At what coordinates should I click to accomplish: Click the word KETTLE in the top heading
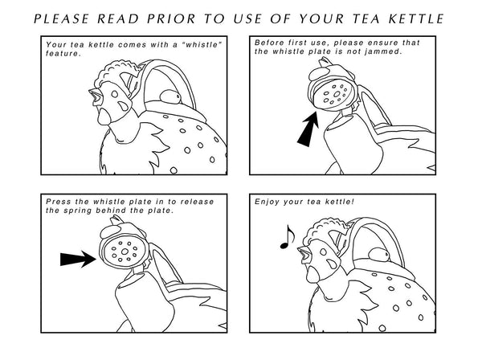pyautogui.click(x=416, y=18)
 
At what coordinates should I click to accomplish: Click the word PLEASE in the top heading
pyautogui.click(x=61, y=18)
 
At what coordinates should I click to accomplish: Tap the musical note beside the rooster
pyautogui.click(x=287, y=237)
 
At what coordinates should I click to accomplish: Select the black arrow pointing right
pyautogui.click(x=78, y=259)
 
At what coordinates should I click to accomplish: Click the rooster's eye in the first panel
pyautogui.click(x=114, y=94)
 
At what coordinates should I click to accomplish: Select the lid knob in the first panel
pyautogui.click(x=170, y=96)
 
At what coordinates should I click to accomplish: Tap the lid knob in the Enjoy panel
pyautogui.click(x=379, y=255)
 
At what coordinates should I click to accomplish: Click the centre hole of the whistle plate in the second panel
pyautogui.click(x=337, y=94)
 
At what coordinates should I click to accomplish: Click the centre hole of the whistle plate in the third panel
pyautogui.click(x=125, y=252)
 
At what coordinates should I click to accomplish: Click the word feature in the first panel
pyautogui.click(x=63, y=54)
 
